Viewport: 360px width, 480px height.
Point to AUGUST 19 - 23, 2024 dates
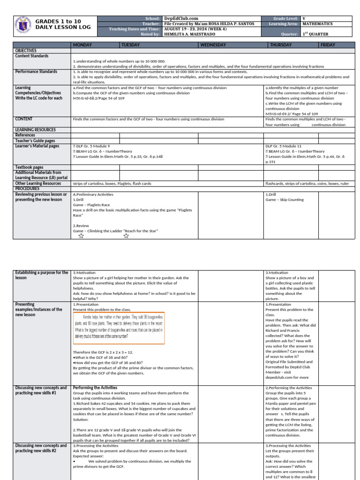(189, 29)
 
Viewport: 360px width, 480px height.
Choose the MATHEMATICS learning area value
(318, 23)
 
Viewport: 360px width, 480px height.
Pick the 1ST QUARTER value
(315, 34)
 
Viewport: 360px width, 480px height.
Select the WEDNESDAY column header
(213, 45)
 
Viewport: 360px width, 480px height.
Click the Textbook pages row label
(30, 167)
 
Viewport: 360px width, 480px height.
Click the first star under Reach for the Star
(82, 236)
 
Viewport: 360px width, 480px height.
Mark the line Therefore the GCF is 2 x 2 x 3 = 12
(103, 352)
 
